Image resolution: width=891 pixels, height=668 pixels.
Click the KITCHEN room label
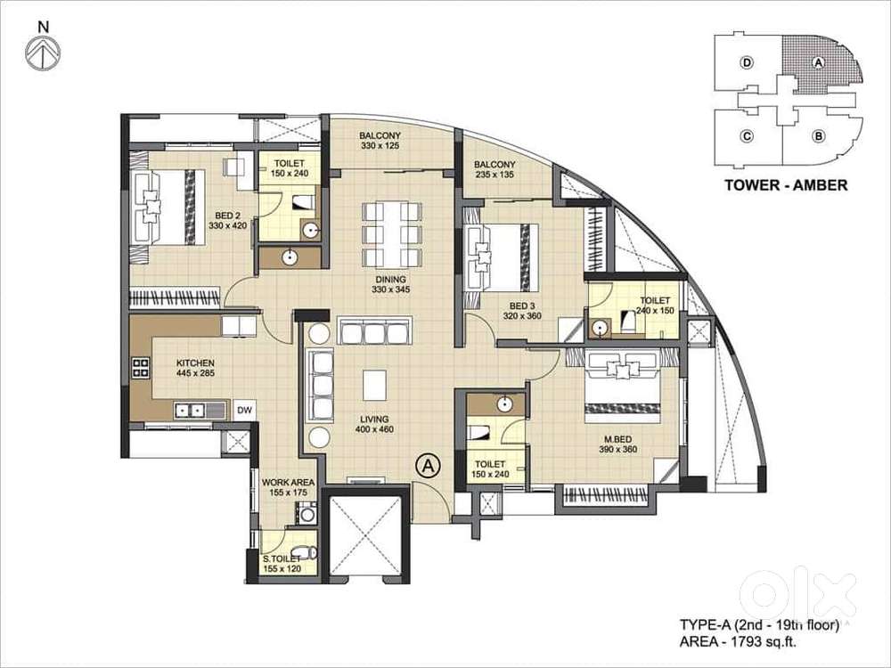195,363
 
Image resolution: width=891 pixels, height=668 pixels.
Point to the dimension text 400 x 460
374,429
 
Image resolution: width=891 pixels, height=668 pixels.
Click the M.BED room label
617,439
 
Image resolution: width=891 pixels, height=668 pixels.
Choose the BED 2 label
227,216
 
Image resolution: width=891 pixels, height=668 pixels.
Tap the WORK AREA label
288,483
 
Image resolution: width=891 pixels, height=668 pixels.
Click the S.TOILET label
282,559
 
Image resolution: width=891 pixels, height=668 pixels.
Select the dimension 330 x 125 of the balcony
380,146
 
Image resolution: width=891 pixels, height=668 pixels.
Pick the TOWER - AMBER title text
786,184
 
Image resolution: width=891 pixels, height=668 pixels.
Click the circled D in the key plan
747,62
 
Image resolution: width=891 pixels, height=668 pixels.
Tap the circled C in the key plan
747,136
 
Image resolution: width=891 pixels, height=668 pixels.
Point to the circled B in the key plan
818,136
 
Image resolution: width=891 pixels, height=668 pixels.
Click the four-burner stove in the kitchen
141,368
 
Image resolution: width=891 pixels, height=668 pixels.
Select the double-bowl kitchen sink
191,410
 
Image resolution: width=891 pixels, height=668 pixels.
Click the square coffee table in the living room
374,385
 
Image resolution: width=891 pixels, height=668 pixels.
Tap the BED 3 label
522,306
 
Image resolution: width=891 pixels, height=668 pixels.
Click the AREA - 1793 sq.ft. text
738,642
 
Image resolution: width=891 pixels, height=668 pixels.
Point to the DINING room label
390,280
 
